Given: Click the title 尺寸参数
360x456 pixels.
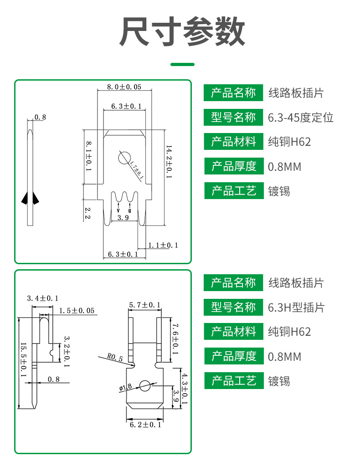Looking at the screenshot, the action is (182, 31).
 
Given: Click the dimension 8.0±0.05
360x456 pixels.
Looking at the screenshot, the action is (124, 87).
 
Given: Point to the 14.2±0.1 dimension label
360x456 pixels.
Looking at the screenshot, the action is (169, 162).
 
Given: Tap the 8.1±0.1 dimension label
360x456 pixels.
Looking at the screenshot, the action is (89, 156).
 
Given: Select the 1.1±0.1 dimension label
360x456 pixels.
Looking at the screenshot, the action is (163, 245).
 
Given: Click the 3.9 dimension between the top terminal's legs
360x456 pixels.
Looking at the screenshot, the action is (123, 218).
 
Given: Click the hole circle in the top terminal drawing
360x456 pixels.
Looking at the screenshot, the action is (124, 158).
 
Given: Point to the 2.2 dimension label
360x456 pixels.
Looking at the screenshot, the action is (87, 213).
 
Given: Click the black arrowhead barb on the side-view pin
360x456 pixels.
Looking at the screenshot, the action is (30, 198).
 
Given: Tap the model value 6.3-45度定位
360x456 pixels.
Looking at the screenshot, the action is (300, 118).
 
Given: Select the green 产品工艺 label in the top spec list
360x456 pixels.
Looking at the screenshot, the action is (234, 191).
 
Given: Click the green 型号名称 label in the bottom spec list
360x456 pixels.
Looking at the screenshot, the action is (233, 307).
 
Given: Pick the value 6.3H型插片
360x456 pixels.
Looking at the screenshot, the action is (296, 307).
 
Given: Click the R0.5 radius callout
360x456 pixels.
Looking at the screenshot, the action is (115, 357).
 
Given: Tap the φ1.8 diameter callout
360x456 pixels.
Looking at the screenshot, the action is (125, 388).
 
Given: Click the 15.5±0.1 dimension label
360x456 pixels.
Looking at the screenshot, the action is (23, 360).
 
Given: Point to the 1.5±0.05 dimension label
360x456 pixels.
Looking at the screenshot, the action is (77, 311).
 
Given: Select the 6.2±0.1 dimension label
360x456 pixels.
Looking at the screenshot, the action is (145, 425).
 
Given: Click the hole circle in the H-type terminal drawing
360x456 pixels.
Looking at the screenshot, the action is (145, 386).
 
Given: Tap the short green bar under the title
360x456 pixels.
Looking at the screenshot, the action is (182, 65).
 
